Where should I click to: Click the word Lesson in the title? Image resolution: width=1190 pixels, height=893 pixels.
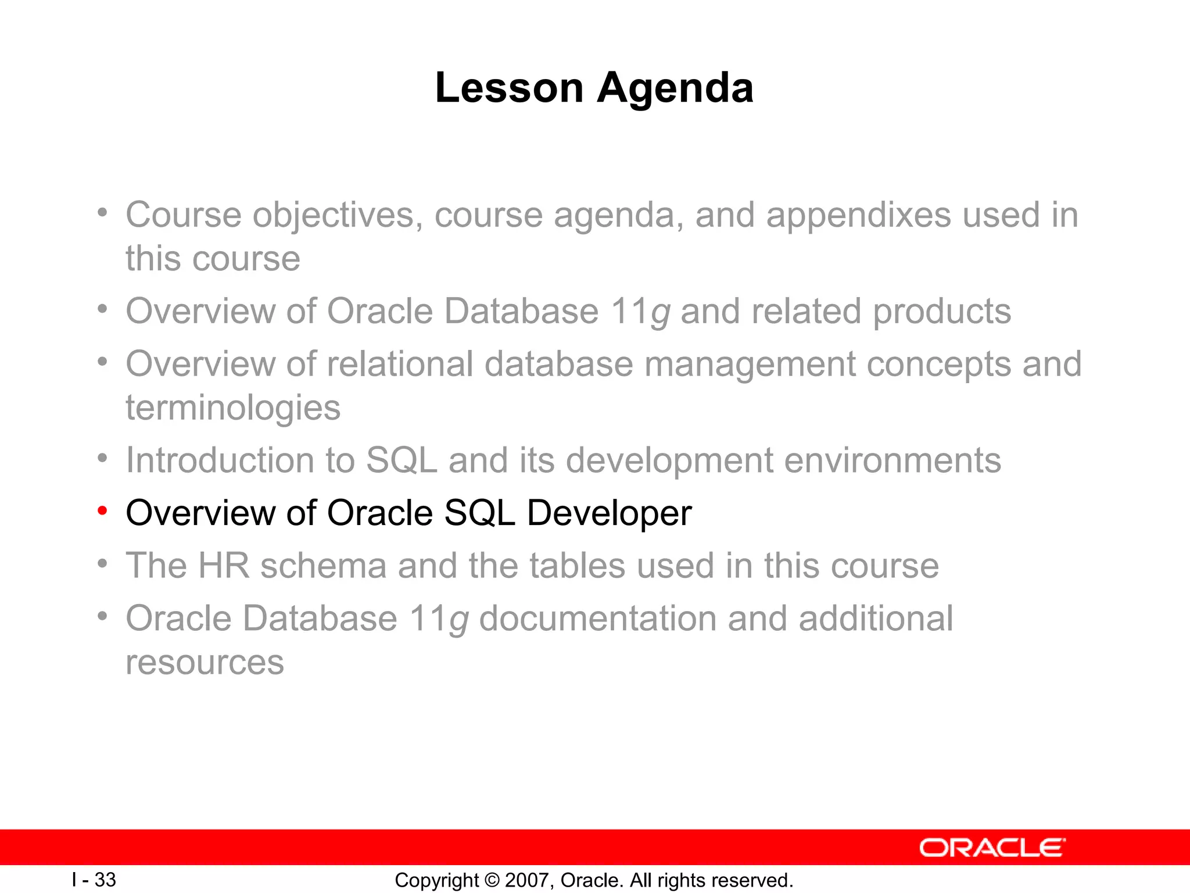(509, 88)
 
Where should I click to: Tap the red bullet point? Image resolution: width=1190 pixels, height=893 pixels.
(103, 511)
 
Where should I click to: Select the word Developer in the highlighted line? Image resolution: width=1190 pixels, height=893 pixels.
(609, 513)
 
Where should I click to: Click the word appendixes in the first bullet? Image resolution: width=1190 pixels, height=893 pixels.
(858, 215)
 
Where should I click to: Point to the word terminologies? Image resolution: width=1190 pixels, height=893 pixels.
(233, 408)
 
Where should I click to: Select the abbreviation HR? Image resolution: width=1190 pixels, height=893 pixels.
(224, 566)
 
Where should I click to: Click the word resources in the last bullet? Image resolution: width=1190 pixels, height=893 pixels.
(205, 662)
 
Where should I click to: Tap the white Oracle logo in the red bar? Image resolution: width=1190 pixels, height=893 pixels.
(992, 848)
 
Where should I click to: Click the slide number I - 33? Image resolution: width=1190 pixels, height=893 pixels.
(94, 880)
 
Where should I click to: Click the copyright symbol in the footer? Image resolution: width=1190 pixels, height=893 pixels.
(492, 880)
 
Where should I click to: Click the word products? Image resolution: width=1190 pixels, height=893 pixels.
(941, 312)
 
